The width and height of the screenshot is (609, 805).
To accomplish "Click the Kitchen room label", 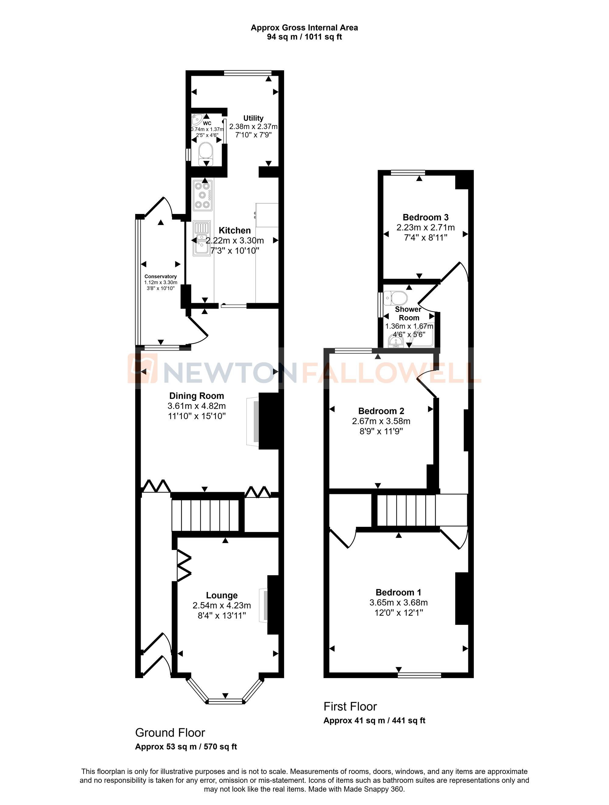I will [234, 230].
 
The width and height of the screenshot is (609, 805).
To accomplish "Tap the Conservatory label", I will [160, 277].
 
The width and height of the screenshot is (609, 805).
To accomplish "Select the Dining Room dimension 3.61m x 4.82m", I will [197, 406].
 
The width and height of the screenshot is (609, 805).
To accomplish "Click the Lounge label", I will [222, 595].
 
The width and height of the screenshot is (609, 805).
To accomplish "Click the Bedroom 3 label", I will [425, 217].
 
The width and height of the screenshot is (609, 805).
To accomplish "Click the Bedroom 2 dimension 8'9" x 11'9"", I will [381, 431].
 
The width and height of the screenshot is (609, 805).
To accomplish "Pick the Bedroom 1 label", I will [398, 593].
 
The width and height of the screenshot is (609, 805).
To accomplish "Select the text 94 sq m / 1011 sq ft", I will [304, 37].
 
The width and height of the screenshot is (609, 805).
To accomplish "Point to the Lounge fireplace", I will [264, 605].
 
